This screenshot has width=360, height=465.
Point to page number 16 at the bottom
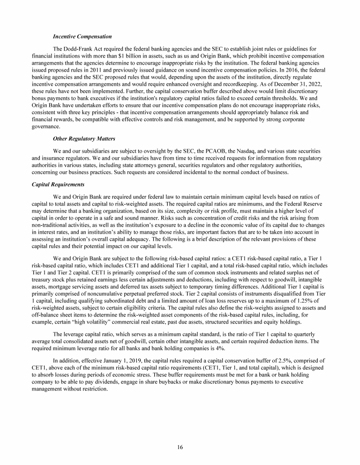click(180, 447)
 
